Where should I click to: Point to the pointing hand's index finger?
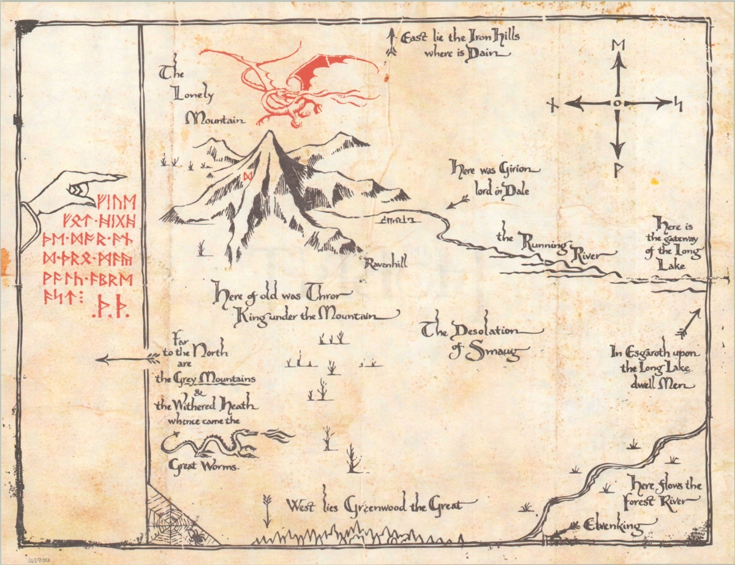click(x=104, y=178)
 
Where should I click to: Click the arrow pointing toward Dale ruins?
click(x=457, y=203)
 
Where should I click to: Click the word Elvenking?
click(x=619, y=525)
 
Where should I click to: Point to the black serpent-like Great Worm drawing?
click(x=211, y=443)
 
